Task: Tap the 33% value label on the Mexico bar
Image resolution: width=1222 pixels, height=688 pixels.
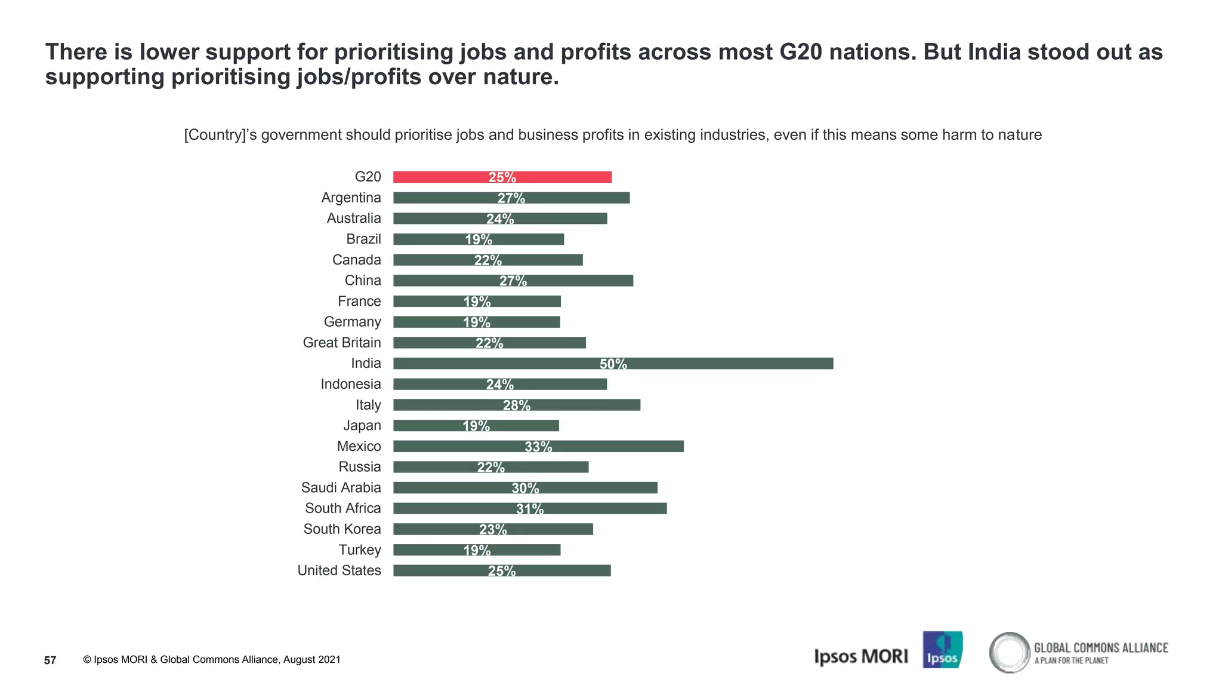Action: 538,446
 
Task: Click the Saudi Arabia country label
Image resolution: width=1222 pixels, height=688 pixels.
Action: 341,487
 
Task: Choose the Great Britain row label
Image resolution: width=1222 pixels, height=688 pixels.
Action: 341,342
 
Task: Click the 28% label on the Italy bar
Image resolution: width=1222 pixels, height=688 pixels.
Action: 516,405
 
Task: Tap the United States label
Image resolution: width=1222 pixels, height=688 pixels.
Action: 339,570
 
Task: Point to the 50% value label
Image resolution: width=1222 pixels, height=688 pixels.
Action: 613,364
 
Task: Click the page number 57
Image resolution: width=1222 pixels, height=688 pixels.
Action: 50,660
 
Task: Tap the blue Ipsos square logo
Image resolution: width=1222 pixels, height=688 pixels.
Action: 942,650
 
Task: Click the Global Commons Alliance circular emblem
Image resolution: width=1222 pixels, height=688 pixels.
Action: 1009,652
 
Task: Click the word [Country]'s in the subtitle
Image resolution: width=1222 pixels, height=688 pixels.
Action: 220,135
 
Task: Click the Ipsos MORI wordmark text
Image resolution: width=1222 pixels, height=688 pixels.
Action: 860,656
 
